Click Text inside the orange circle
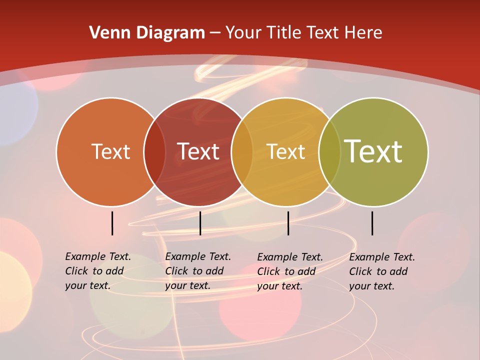[110, 151]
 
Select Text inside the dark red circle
[198, 151]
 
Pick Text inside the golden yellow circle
[286, 151]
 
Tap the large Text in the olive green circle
[373, 151]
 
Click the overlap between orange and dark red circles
[154, 152]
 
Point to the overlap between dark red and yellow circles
[242, 152]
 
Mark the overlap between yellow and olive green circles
[329, 152]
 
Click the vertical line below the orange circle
[112, 223]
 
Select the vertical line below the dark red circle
[200, 223]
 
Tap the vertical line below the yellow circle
[288, 223]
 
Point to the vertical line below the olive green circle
[372, 223]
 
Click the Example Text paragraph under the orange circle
[98, 271]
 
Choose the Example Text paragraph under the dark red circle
[198, 271]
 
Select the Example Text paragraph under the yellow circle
[290, 271]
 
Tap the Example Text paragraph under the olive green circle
[382, 271]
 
